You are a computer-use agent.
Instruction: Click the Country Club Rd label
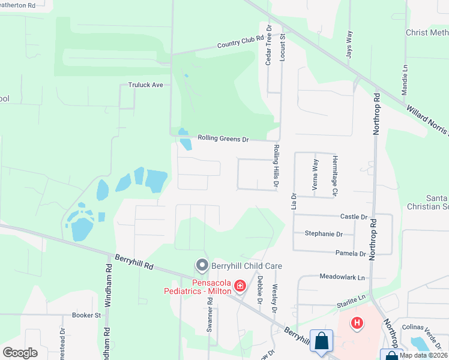click(241, 42)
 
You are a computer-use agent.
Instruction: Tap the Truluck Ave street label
click(146, 85)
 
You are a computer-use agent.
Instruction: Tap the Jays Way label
click(349, 43)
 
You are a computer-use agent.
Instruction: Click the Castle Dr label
click(354, 217)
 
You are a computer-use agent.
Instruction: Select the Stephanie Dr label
click(324, 234)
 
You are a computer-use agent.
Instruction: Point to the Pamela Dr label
click(351, 254)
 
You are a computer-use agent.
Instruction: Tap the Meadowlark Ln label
click(342, 278)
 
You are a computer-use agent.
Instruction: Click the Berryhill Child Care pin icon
click(202, 265)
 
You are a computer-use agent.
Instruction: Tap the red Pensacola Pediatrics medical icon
click(240, 286)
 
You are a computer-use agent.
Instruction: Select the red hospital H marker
click(357, 323)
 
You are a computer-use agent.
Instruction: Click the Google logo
click(20, 353)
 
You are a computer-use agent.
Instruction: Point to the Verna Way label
click(315, 175)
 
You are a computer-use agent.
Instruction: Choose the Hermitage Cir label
click(336, 175)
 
